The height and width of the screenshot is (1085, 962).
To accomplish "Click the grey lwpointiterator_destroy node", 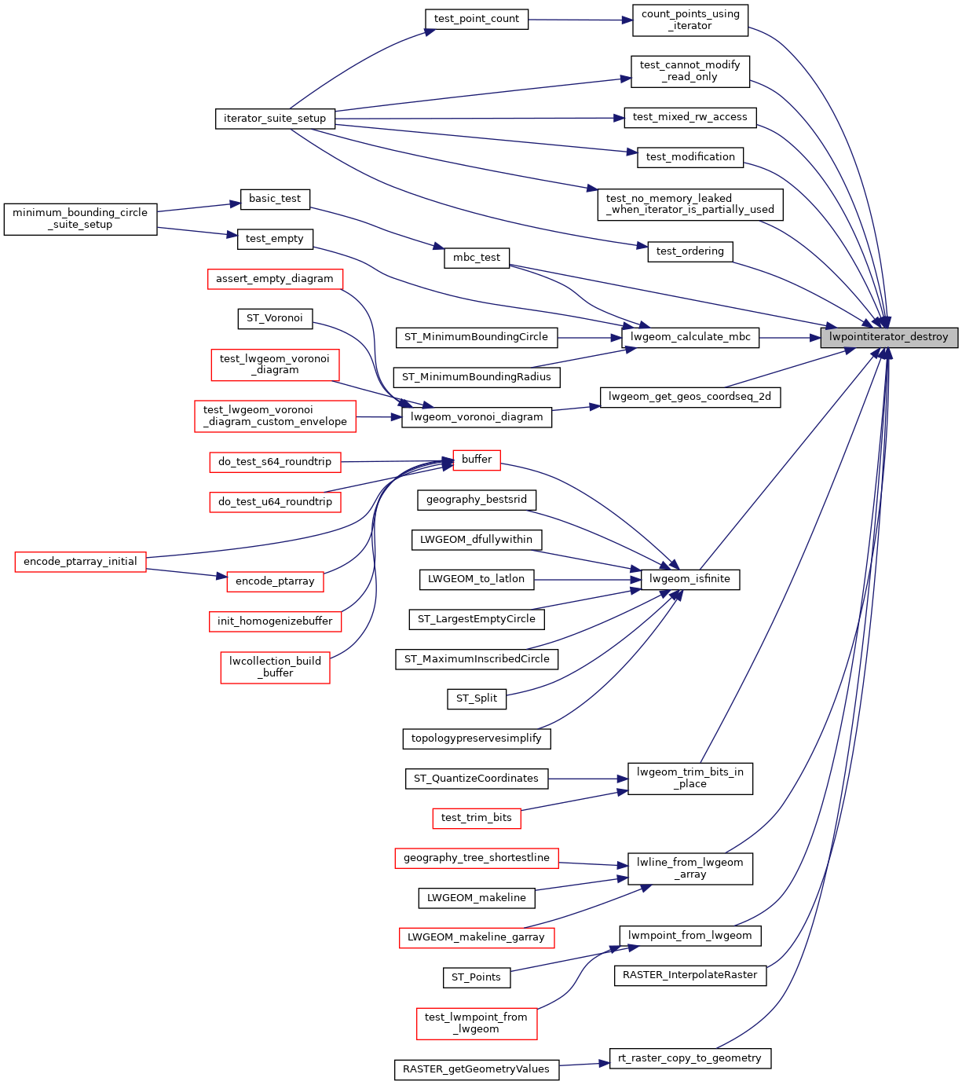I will point(889,337).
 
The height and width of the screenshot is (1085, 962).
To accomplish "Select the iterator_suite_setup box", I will point(275,119).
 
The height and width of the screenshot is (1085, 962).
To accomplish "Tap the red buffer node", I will point(477,460).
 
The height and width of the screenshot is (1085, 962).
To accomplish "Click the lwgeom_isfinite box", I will point(690,579).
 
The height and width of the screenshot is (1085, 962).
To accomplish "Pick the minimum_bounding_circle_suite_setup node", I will point(80,218).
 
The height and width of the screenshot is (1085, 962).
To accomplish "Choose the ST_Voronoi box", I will point(275,318).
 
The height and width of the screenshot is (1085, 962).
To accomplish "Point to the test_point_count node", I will point(477,19).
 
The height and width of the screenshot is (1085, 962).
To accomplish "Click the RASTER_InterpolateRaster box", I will point(689,975).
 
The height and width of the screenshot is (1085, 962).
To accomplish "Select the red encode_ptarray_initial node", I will point(80,562).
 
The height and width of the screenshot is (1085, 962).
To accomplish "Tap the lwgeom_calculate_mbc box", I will point(690,337).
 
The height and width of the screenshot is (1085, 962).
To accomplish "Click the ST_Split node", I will point(477,698).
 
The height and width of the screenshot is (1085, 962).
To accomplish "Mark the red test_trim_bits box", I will point(477,818).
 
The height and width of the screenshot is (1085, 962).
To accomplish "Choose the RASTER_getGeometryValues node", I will point(477,1069).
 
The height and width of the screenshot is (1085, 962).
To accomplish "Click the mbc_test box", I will point(477,258).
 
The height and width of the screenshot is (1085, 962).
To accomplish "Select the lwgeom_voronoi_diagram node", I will point(477,417).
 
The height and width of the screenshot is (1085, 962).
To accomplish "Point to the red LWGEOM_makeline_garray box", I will point(477,937).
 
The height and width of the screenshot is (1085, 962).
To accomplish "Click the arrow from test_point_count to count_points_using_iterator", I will point(580,20).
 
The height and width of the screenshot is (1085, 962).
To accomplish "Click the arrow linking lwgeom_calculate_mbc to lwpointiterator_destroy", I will point(789,338).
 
